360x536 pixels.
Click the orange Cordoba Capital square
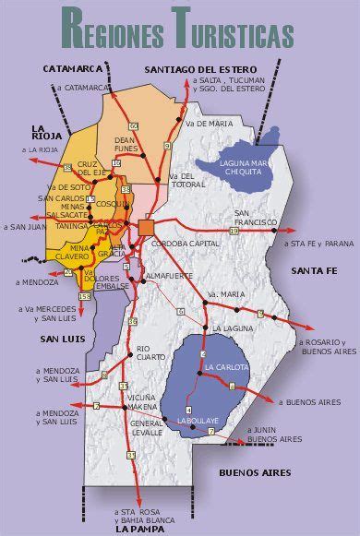pyautogui.click(x=147, y=228)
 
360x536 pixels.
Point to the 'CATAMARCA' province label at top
pyautogui.click(x=72, y=69)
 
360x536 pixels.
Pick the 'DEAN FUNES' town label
pyautogui.click(x=125, y=143)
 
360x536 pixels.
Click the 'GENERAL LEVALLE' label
pyautogui.click(x=146, y=425)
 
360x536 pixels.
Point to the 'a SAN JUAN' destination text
pyautogui.click(x=25, y=226)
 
